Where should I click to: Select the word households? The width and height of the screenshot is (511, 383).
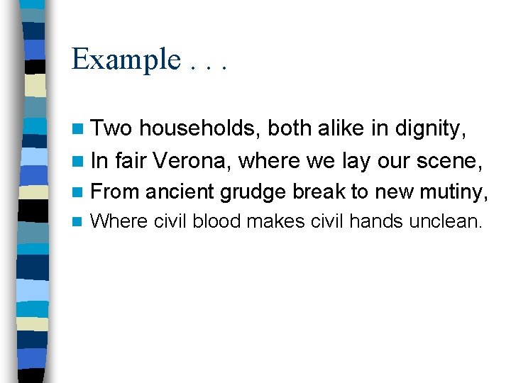(x=201, y=128)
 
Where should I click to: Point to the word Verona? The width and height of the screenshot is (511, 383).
(x=192, y=160)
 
